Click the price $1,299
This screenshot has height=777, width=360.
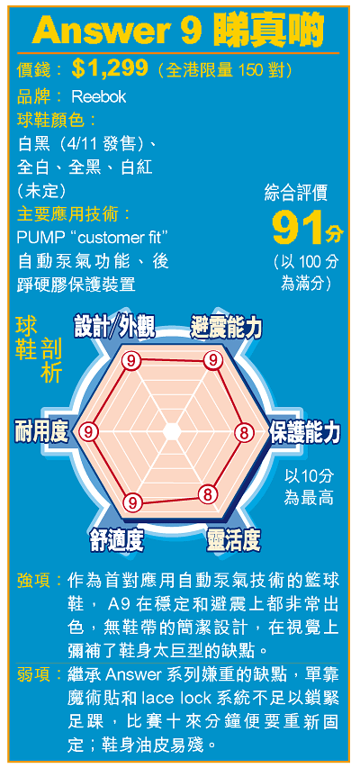110,69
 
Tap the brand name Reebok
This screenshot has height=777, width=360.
99,96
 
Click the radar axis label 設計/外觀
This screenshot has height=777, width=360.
114,328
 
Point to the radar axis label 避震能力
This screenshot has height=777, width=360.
226,328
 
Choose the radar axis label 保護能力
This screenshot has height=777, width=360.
304,432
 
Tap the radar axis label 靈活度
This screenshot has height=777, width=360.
233,538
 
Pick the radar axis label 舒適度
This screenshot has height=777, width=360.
117,538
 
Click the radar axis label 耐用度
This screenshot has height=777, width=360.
41,429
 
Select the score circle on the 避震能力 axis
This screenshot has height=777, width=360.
214,360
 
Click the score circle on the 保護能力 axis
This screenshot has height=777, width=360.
244,432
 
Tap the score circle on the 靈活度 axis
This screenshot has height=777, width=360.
208,494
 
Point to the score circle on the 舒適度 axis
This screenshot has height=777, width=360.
132,502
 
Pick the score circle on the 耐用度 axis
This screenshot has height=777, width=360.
87,432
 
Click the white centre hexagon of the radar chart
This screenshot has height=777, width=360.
171,431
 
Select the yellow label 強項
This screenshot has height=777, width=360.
33,579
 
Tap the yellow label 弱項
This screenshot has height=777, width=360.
33,674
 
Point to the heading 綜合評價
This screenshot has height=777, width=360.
296,194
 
